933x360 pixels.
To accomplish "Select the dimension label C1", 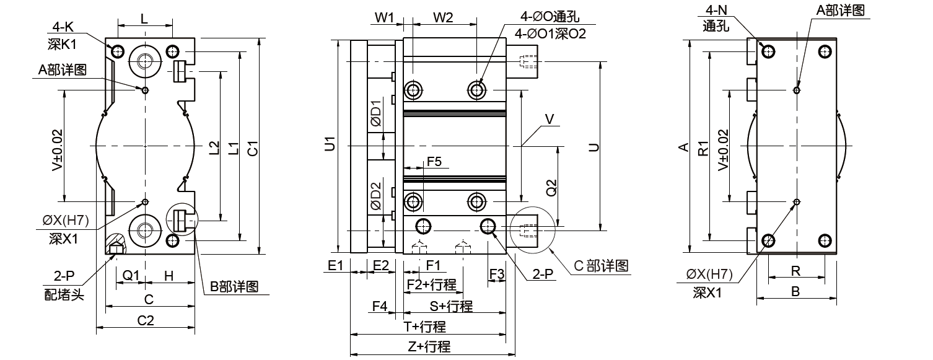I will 252,149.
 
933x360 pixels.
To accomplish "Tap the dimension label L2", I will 214,147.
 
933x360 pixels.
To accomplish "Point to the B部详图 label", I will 234,287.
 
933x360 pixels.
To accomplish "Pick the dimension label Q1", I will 130,274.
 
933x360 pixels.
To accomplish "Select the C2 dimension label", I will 145,320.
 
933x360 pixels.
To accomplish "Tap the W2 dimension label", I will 442,17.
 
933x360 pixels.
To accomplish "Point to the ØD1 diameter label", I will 375,115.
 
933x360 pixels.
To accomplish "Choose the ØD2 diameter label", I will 375,196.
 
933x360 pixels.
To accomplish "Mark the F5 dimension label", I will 434,161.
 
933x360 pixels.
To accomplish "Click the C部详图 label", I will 601,266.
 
